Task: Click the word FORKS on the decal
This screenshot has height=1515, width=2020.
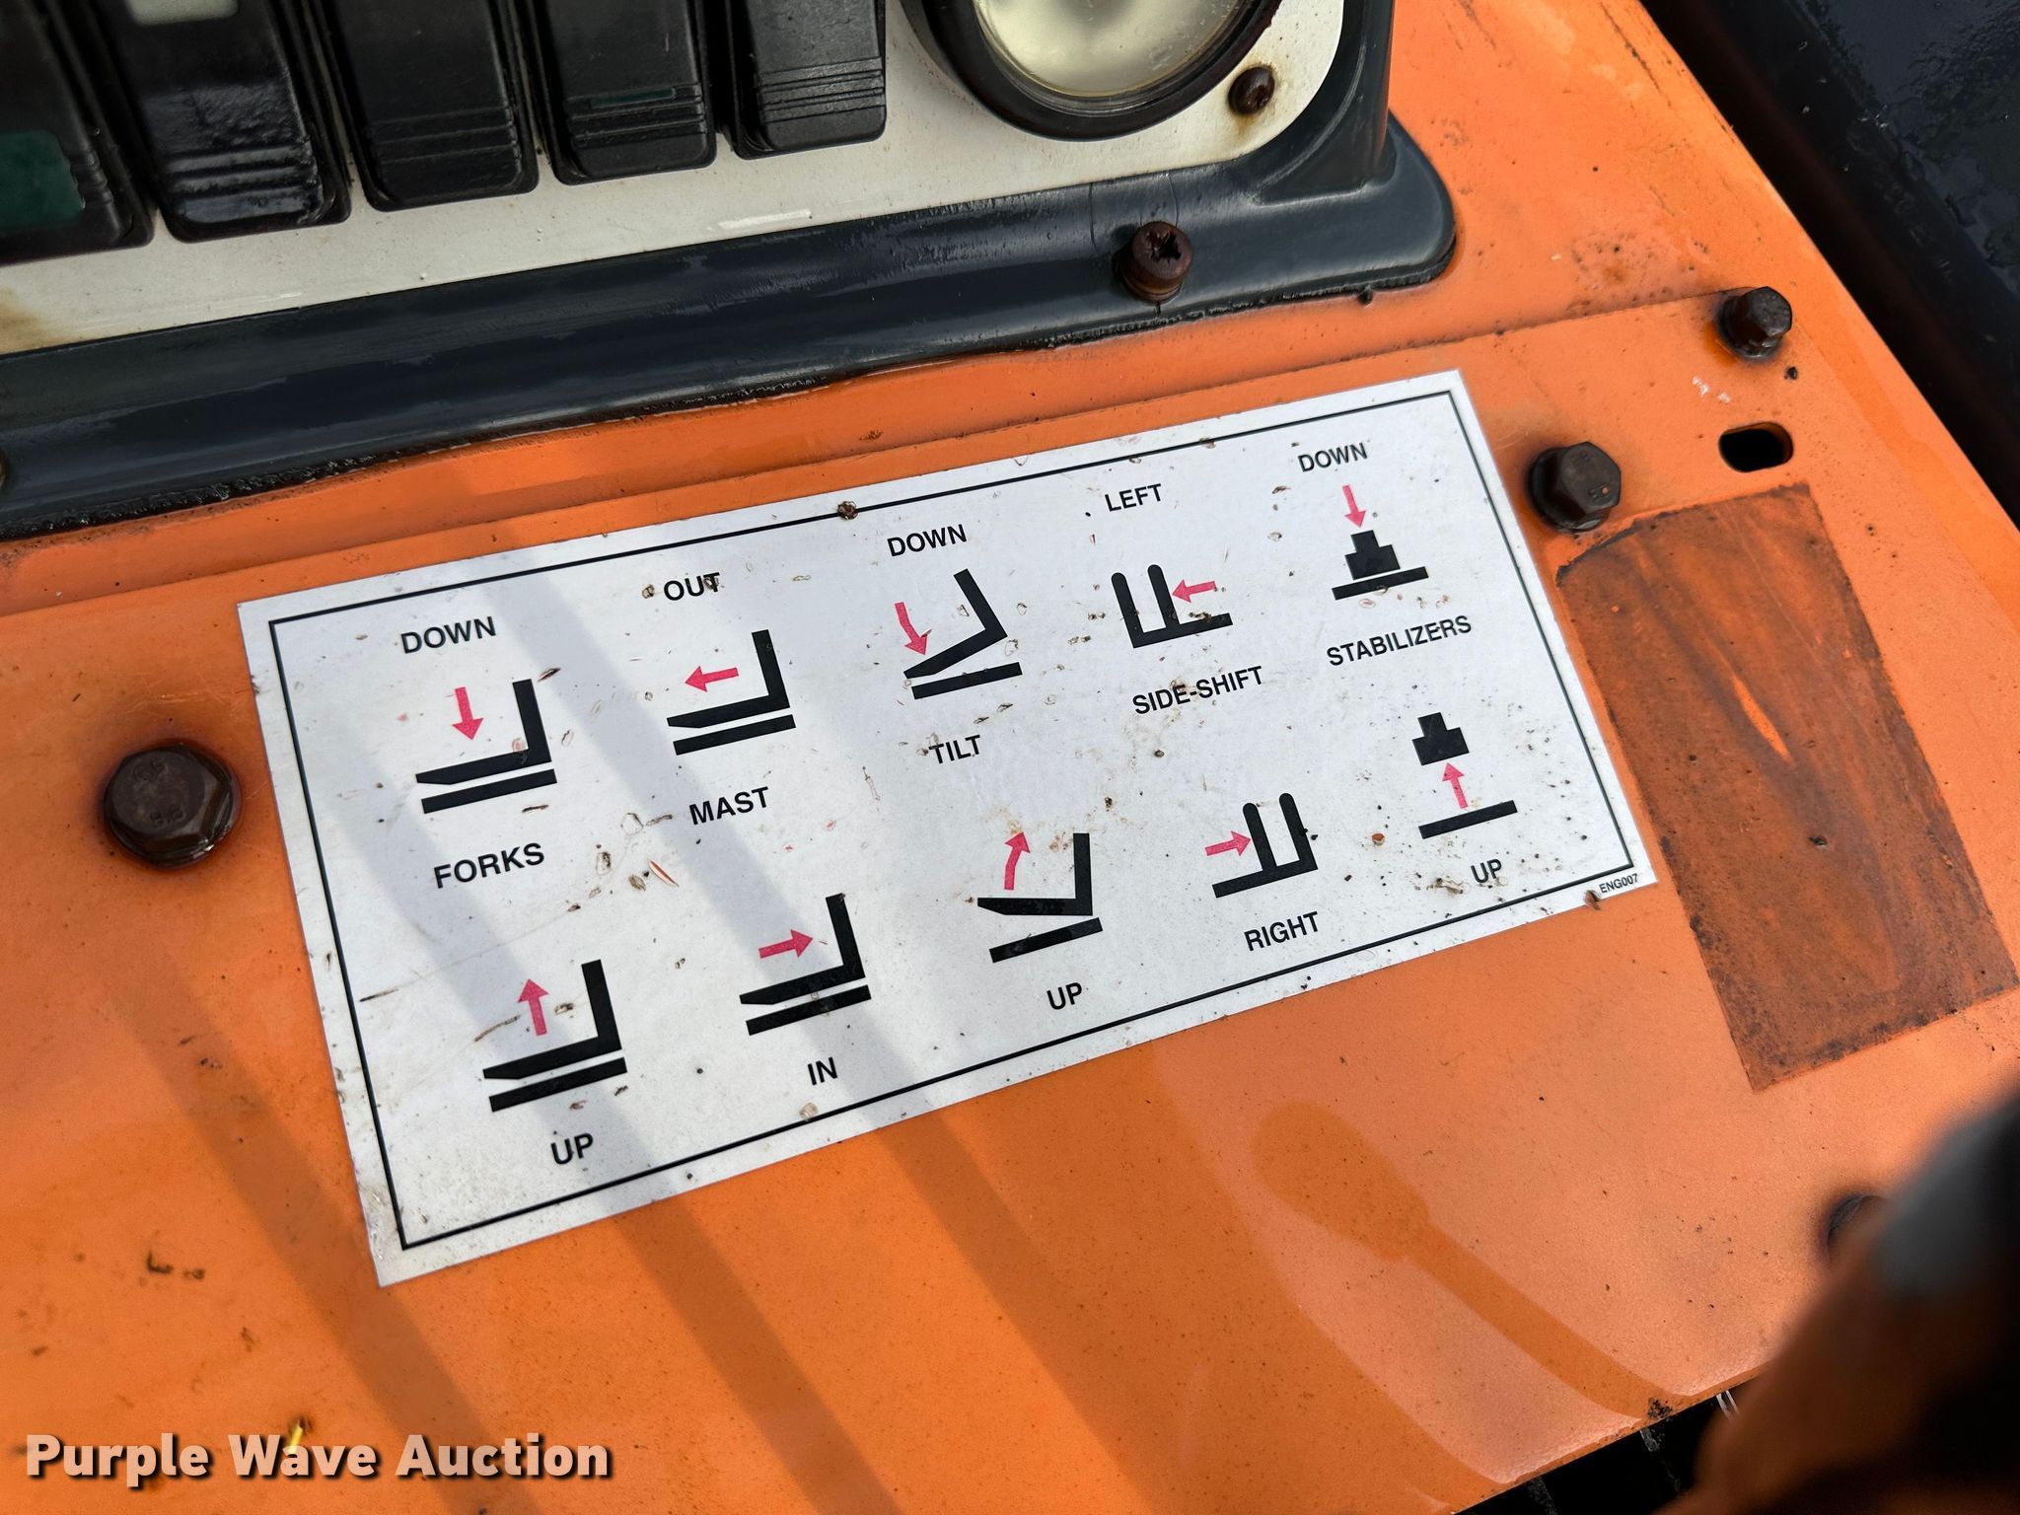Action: [489, 863]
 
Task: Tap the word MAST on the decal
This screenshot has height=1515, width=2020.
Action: [728, 805]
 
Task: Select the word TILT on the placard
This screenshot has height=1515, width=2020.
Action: [956, 749]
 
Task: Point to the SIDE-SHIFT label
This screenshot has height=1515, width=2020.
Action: [1196, 688]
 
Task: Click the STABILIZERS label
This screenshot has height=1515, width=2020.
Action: [1399, 641]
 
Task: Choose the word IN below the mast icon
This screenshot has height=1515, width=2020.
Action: [822, 1071]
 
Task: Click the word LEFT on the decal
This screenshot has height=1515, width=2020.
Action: [1133, 498]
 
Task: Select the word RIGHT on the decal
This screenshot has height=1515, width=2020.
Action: [1281, 930]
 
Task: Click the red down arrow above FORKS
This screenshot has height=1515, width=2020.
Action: [466, 714]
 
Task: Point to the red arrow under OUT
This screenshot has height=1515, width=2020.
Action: [711, 676]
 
